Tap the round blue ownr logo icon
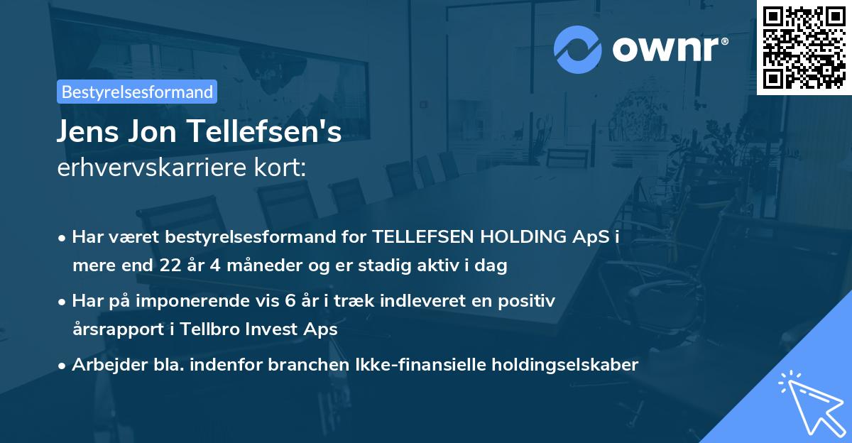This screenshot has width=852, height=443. (x=578, y=50)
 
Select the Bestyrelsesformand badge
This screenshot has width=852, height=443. (x=137, y=92)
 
